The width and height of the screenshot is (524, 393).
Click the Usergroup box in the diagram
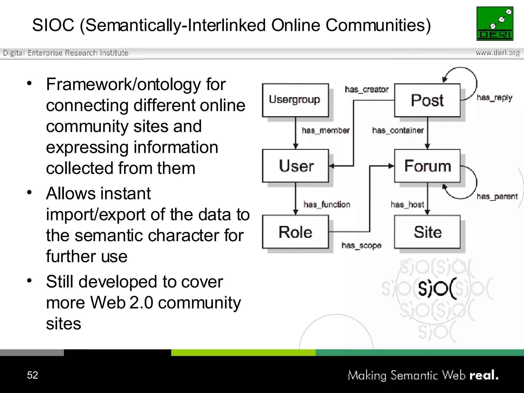pyautogui.click(x=295, y=100)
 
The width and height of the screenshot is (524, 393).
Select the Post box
pyautogui.click(x=427, y=100)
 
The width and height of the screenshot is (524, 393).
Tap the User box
pyautogui.click(x=295, y=166)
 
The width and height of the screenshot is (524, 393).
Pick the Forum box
pyautogui.click(x=427, y=166)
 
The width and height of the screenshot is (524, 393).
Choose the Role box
pyautogui.click(x=295, y=232)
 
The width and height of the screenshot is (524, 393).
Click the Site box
pyautogui.click(x=427, y=232)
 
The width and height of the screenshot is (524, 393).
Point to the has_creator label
pyautogui.click(x=366, y=90)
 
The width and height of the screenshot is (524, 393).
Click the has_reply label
pyautogui.click(x=494, y=98)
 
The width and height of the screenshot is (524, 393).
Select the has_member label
pyautogui.click(x=325, y=130)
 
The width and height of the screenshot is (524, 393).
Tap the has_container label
pyautogui.click(x=398, y=130)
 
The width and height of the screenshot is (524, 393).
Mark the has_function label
pyautogui.click(x=327, y=204)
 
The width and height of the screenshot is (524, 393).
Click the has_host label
pyautogui.click(x=407, y=204)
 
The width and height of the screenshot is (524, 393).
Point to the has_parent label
pyautogui.click(x=497, y=196)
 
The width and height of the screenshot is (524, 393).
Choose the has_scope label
pyautogui.click(x=361, y=246)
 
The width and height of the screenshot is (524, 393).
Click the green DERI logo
pyautogui.click(x=495, y=24)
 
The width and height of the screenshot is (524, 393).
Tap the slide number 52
pyautogui.click(x=32, y=375)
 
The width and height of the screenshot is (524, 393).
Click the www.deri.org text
pyautogui.click(x=497, y=53)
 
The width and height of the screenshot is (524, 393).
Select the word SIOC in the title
pyautogui.click(x=53, y=25)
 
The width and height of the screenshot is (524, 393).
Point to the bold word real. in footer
pyautogui.click(x=484, y=375)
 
